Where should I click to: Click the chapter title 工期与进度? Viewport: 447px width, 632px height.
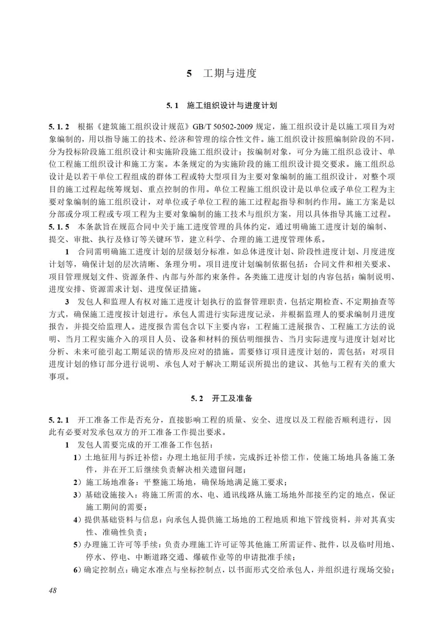pos(230,74)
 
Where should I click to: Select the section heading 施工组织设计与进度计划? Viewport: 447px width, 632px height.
pos(232,106)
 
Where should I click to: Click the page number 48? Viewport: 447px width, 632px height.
pos(53,590)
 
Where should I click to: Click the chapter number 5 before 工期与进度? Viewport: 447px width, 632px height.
pos(189,74)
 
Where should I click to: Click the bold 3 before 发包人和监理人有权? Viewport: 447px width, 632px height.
pos(67,302)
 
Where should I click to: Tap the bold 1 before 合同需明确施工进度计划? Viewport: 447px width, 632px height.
pos(67,252)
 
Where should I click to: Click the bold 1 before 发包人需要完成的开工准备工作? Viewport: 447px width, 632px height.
pos(67,445)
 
